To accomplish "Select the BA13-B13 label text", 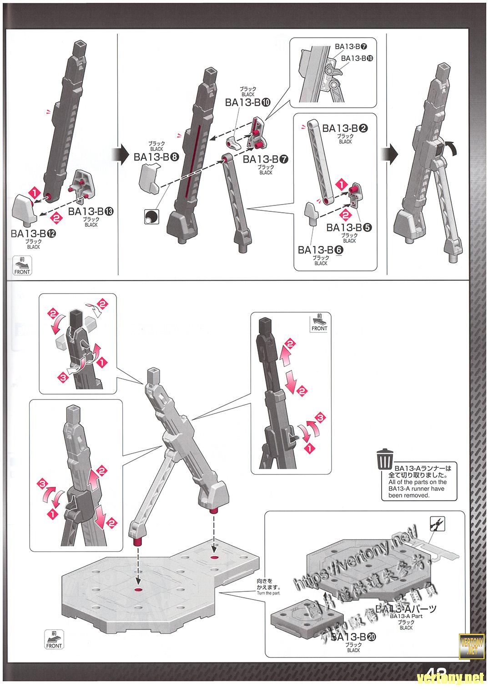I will (x=91, y=212).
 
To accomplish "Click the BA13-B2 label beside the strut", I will (x=345, y=129).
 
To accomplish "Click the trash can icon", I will (x=385, y=459).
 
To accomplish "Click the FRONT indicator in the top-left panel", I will (x=22, y=265).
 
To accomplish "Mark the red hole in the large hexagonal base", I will (x=138, y=590).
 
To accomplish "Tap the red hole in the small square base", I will (x=215, y=557).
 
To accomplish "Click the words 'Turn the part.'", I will (x=269, y=593).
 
